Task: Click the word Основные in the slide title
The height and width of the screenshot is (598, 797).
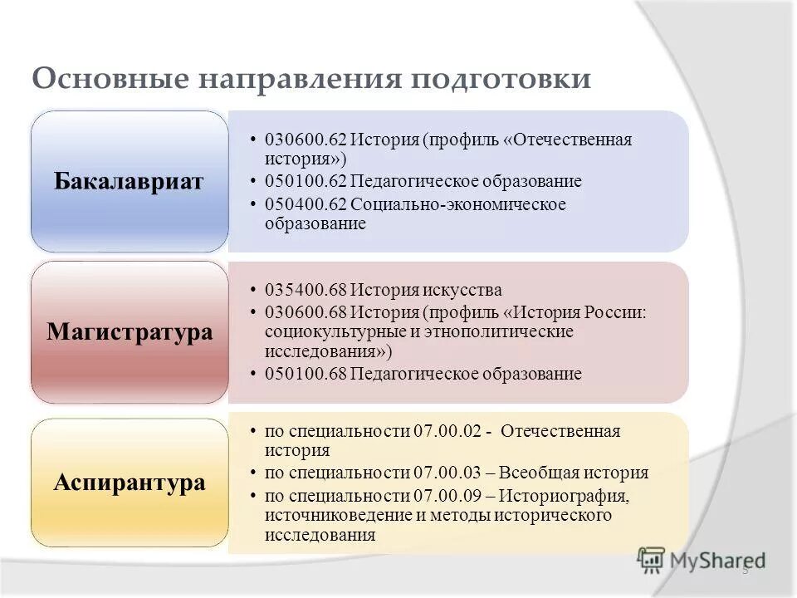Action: pyautogui.click(x=108, y=80)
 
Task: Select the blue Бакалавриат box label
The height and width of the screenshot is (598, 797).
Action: pyautogui.click(x=129, y=182)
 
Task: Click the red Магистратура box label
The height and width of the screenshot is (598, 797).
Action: pyautogui.click(x=129, y=332)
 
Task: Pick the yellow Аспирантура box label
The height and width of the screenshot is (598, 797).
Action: pyautogui.click(x=129, y=482)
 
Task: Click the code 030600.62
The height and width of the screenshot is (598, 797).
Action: pyautogui.click(x=305, y=140)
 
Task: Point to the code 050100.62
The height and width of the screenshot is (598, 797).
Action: pyautogui.click(x=305, y=181)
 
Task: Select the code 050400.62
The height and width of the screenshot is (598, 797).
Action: pyautogui.click(x=305, y=204)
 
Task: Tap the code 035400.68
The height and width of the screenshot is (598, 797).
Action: pyautogui.click(x=305, y=291)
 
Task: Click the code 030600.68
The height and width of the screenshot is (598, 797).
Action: pyautogui.click(x=305, y=312)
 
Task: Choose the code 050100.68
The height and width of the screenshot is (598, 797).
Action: pyautogui.click(x=305, y=374)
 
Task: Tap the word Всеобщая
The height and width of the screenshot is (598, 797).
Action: pyautogui.click(x=545, y=473)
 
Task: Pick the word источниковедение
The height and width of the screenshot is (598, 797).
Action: pyautogui.click(x=335, y=516)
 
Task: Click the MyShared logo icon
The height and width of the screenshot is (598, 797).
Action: pyautogui.click(x=653, y=560)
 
